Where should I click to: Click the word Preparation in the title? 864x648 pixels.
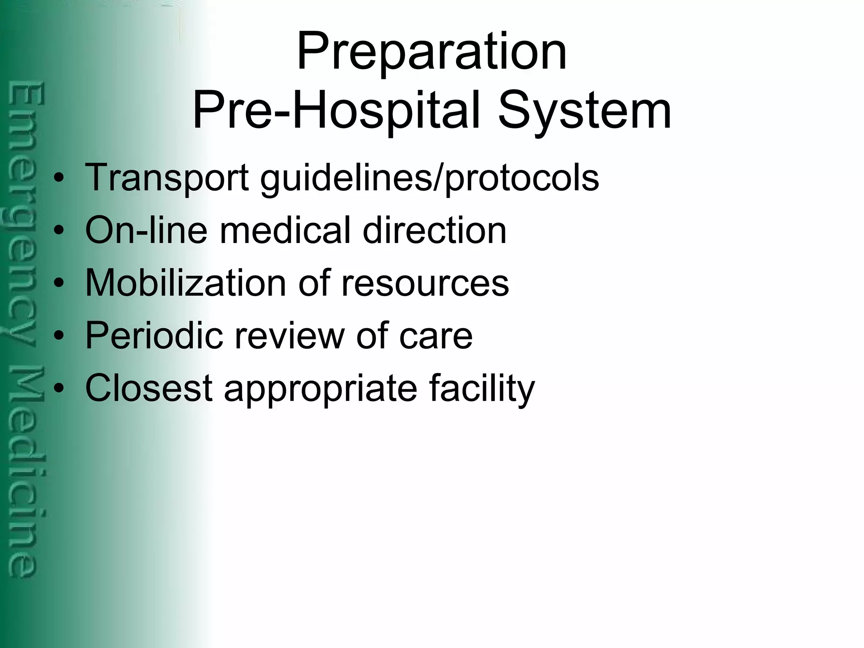(432, 53)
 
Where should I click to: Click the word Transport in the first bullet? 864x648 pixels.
(167, 178)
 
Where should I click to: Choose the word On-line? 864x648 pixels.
(146, 230)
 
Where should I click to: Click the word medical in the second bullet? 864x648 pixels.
(285, 230)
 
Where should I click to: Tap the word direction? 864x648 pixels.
(435, 230)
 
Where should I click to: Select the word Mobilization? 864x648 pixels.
(186, 283)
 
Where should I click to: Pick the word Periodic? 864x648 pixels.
(154, 335)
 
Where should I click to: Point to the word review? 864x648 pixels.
(289, 335)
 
